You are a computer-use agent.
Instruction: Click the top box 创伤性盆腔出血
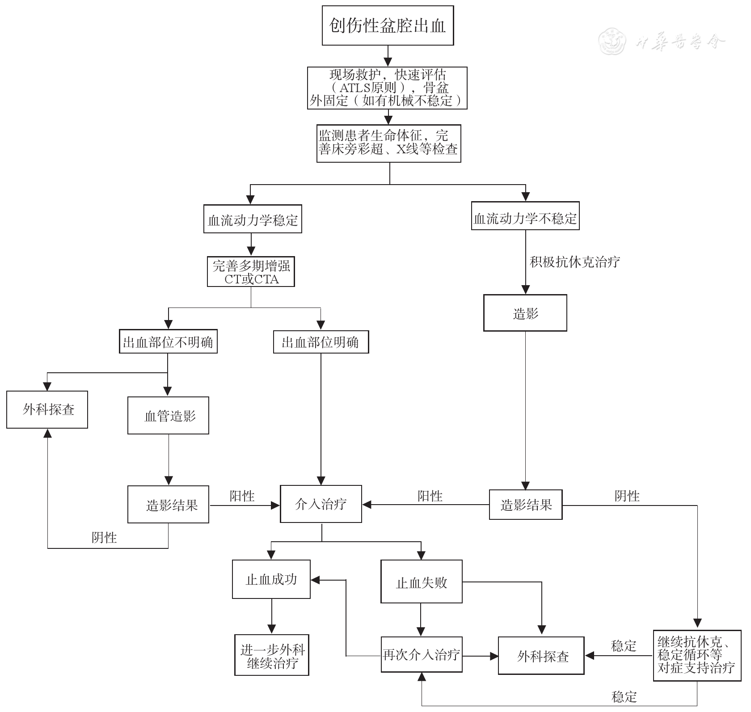tap(388, 25)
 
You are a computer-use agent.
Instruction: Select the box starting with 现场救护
tap(387, 88)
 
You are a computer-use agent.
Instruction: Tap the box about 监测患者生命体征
tap(388, 143)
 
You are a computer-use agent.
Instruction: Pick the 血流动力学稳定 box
tap(253, 219)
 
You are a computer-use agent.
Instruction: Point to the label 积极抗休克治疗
tap(574, 262)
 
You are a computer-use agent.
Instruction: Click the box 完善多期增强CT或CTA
tap(251, 272)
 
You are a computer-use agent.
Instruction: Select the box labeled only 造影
tap(525, 313)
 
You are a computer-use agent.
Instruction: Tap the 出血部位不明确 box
tap(168, 342)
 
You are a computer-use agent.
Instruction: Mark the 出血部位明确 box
tap(321, 342)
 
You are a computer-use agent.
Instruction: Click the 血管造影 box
tap(168, 415)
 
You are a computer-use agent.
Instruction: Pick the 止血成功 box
tap(271, 579)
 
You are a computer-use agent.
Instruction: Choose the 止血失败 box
tap(421, 581)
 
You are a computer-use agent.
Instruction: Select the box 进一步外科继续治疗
tap(272, 655)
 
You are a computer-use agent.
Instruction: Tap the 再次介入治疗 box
tap(421, 655)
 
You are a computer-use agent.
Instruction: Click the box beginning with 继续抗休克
tap(696, 655)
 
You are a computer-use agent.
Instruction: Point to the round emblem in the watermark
tap(612, 42)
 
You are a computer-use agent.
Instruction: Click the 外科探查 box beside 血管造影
tap(47, 409)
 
